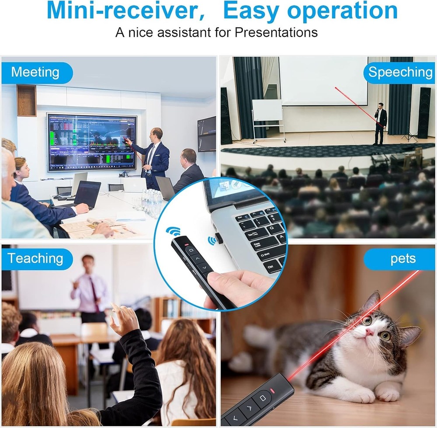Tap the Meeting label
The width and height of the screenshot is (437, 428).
click(x=35, y=72)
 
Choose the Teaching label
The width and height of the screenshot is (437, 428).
click(x=35, y=258)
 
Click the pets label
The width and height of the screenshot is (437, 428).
click(x=402, y=259)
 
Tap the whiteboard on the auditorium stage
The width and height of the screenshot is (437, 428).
click(x=267, y=110)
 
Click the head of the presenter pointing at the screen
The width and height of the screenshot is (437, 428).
click(x=156, y=134)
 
